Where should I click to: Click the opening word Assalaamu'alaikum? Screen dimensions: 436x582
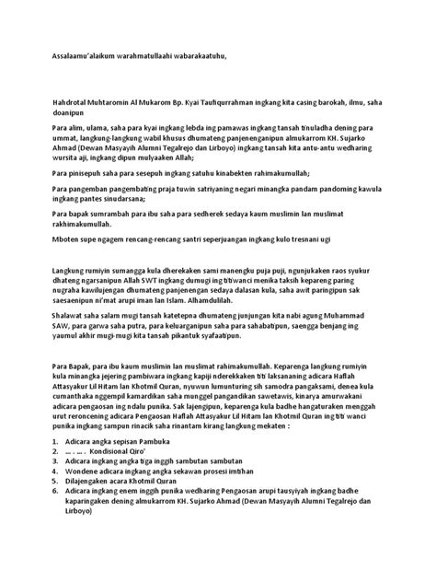[78, 56]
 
